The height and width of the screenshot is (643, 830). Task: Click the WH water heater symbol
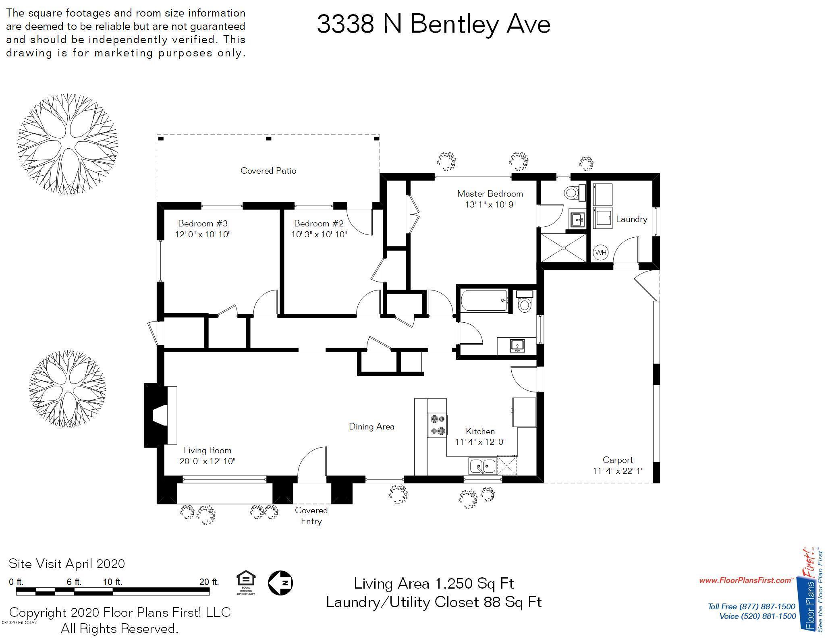[600, 253]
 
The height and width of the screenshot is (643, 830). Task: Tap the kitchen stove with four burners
[437, 425]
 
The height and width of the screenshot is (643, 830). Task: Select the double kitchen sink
[482, 466]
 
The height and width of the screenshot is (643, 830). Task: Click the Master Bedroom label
[490, 193]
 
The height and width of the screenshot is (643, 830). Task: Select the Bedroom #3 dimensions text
[203, 234]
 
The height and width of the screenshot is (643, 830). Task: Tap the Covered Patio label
[268, 171]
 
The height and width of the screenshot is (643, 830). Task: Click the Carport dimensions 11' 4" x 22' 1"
[618, 471]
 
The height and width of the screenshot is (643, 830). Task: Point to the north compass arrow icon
[280, 583]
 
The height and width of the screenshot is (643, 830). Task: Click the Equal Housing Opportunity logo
[246, 583]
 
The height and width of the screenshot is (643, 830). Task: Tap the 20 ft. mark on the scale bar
[209, 582]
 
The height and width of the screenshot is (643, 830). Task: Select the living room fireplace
[160, 415]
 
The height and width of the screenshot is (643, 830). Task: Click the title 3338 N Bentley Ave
[434, 24]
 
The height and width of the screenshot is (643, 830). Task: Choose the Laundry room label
[631, 219]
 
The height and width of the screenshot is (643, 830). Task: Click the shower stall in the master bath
[563, 247]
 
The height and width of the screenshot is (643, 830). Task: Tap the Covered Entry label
[311, 516]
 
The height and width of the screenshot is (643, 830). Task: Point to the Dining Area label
[371, 427]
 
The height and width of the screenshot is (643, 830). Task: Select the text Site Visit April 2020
[67, 563]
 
